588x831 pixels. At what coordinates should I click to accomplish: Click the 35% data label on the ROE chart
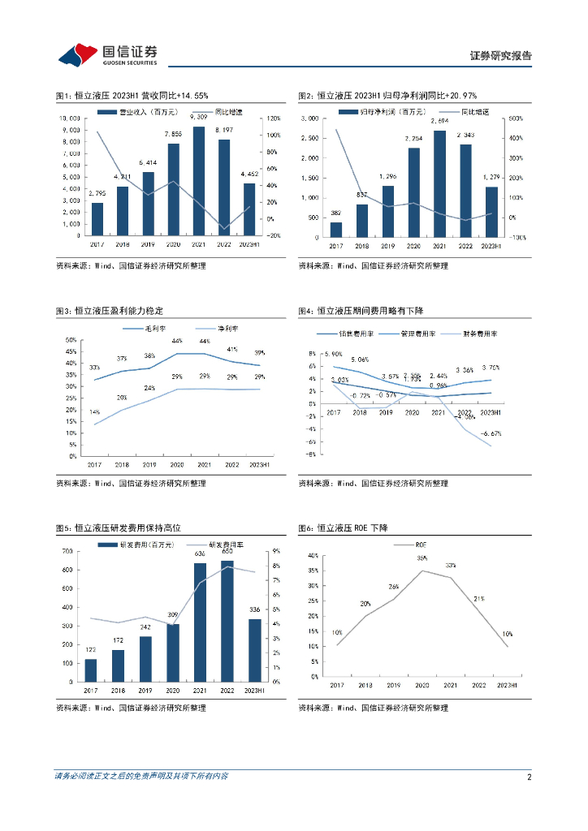422,559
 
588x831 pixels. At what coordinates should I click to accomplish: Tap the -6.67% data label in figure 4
491,434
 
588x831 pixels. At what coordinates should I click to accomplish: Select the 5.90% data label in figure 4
333,355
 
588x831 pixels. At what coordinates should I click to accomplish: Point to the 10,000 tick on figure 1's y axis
69,118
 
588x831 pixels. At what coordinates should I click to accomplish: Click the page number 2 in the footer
529,777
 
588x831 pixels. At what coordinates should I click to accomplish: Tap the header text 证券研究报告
501,56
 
